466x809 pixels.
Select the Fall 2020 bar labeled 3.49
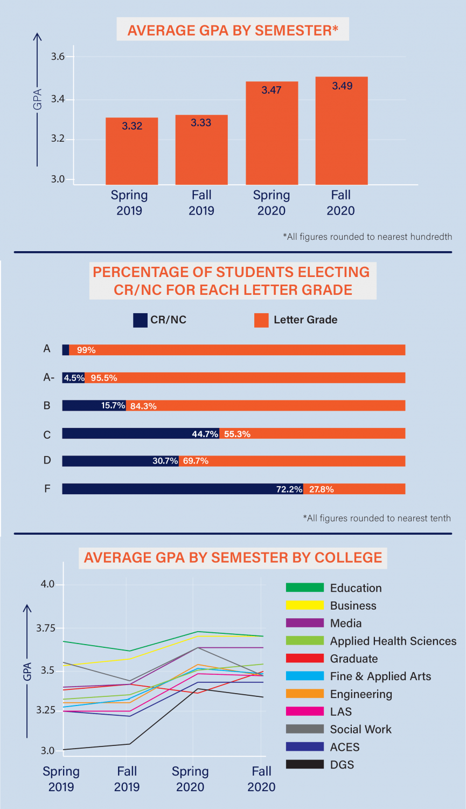342,132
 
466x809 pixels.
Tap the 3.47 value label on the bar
272,90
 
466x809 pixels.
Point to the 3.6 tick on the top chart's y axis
58,57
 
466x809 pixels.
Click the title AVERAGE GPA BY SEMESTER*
233,30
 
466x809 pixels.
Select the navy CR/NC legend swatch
140,320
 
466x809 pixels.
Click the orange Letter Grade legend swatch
261,320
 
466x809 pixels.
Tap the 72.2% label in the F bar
289,489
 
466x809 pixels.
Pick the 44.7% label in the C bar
205,434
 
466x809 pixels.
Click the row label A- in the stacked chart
48,378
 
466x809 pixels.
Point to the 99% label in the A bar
86,350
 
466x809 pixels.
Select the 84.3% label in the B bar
143,406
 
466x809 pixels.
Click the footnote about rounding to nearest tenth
377,518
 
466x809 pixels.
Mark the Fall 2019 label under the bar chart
201,203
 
